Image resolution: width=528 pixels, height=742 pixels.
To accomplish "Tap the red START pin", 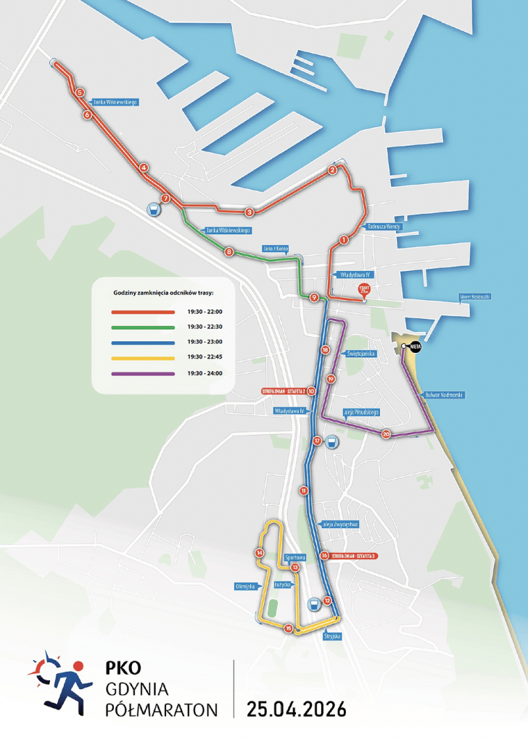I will point(365,291).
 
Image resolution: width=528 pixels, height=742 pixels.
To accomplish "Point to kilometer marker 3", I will point(249,212).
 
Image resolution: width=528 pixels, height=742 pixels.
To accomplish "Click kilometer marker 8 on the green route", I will point(229,252).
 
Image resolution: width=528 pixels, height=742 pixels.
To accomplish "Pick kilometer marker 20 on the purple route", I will point(386,434).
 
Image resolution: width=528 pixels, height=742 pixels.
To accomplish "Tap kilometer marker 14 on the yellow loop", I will point(259,553).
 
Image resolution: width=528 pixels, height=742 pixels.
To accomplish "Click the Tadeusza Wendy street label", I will point(384,226).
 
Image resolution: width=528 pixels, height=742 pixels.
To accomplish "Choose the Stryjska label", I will point(332,636).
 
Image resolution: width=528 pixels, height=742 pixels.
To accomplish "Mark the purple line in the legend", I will point(143,374).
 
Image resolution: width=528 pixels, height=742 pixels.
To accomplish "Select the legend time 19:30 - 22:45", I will point(205,358).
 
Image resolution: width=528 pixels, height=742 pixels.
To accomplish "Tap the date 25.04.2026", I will point(296,708).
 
